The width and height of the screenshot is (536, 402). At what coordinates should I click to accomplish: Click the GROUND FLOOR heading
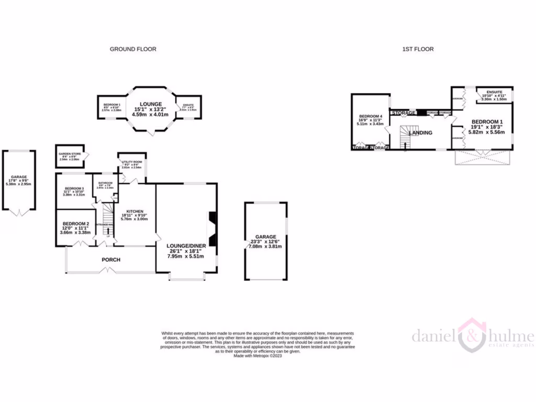132,49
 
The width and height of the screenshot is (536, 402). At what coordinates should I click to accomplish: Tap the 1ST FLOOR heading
418,49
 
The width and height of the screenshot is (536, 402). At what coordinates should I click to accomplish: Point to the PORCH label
111,260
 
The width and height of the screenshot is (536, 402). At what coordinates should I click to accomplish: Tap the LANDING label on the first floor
420,133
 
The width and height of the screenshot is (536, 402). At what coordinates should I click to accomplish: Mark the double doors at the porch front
107,271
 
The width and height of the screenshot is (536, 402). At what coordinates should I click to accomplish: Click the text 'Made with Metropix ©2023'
258,356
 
